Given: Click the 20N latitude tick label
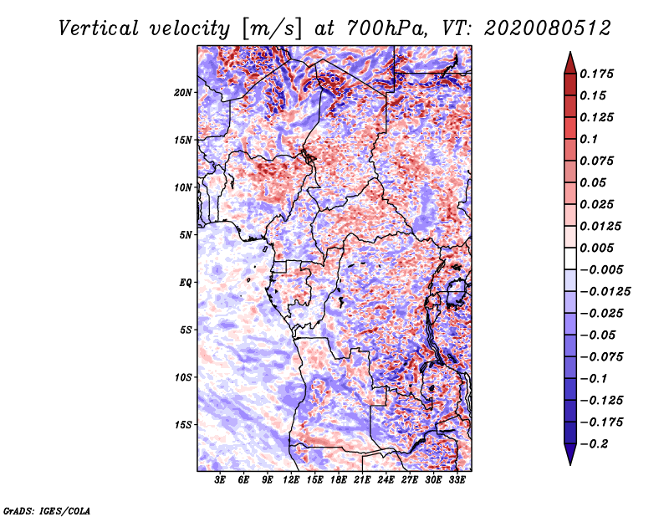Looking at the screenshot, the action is (183, 93).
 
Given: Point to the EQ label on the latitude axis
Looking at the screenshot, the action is (186, 283).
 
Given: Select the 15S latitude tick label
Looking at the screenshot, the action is (183, 425).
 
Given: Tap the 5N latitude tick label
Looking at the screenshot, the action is (186, 235).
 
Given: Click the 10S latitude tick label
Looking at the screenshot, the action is (183, 378).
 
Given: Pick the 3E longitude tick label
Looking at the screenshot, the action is (220, 480).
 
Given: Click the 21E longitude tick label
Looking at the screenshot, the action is (362, 480).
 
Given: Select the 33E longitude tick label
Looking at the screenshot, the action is (457, 480).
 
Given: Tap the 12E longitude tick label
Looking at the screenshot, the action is (291, 480).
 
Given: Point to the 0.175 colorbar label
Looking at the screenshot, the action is (596, 74).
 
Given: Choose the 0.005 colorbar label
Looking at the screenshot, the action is (596, 248).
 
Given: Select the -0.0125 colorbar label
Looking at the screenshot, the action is (605, 292).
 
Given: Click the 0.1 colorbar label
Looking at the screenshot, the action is (589, 139).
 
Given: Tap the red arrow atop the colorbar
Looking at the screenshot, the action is (570, 64).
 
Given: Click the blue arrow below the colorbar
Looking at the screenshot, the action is (570, 453).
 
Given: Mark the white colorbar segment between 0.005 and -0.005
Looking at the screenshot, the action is (570, 258).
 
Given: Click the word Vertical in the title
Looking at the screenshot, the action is (99, 28).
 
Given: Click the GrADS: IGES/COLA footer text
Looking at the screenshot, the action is (47, 511).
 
